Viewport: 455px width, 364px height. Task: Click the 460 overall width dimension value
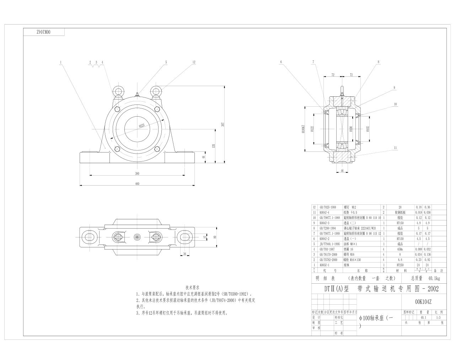137,184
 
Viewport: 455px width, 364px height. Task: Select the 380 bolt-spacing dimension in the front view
137,173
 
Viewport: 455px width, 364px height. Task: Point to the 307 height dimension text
223,124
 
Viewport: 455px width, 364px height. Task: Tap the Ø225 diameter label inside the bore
141,126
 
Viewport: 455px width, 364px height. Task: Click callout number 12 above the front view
194,62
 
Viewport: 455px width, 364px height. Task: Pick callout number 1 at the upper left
61,62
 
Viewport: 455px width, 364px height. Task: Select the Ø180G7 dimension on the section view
303,128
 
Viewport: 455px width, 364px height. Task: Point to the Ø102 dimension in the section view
368,128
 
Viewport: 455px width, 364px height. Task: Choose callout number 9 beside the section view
394,87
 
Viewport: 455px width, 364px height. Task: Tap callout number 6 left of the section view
281,62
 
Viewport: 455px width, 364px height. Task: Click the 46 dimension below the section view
342,171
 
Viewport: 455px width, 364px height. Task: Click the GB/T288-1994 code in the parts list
327,228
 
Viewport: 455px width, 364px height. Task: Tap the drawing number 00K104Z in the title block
423,302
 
